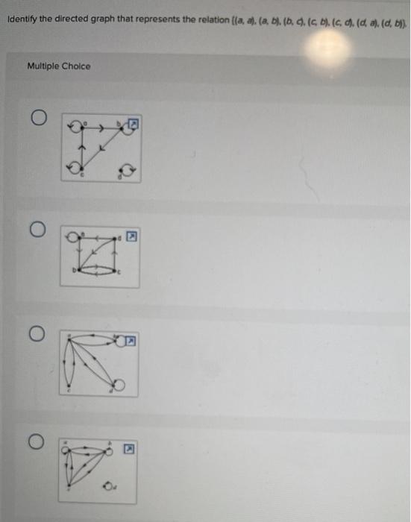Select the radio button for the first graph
pos(40,119)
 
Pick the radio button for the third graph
pos(40,331)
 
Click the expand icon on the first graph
pos(135,122)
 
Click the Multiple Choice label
pos(59,66)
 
